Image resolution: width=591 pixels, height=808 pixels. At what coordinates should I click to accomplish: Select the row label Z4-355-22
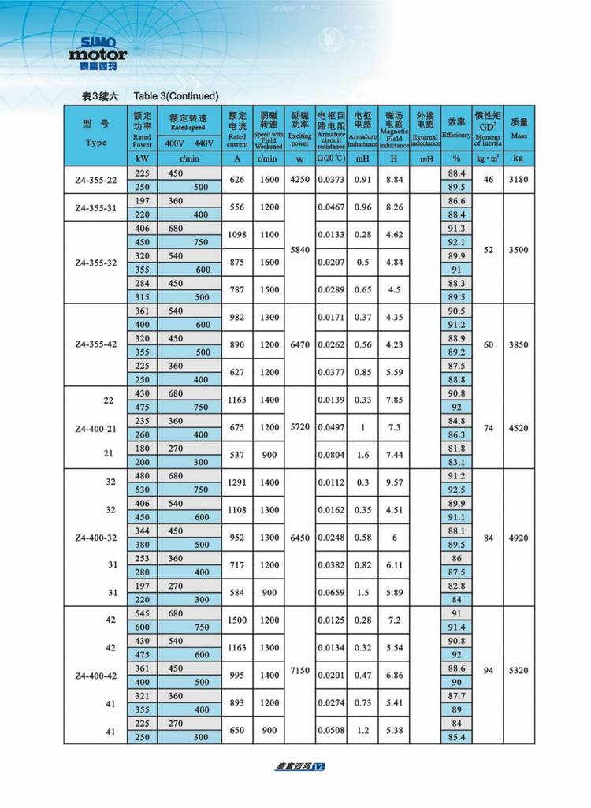[x=96, y=180]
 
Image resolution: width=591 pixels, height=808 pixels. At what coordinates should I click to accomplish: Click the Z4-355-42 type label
[x=96, y=344]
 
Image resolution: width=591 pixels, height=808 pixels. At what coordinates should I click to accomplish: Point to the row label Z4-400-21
[x=96, y=428]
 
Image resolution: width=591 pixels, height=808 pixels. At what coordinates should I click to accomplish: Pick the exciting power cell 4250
[x=299, y=180]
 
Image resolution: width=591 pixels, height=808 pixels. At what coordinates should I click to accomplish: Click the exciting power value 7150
[x=299, y=670]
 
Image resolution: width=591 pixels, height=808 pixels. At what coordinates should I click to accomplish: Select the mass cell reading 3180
[x=519, y=180]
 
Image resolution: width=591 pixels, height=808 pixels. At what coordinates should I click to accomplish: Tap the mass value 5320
[x=519, y=670]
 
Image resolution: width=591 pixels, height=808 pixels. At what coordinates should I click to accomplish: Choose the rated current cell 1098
[x=237, y=235]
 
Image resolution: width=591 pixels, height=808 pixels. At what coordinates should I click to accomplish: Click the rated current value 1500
[x=237, y=620]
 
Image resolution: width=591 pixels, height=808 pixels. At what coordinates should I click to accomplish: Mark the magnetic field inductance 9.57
[x=394, y=482]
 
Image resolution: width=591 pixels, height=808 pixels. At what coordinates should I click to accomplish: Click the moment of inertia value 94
[x=488, y=670]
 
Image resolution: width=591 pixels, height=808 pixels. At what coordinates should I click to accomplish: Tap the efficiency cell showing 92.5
[x=456, y=490]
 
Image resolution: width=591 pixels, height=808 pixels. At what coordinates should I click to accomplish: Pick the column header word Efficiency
[x=456, y=136]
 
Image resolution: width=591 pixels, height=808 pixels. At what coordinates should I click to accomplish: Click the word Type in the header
[x=96, y=143]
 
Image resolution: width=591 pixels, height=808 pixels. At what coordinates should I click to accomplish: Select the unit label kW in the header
[x=142, y=158]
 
